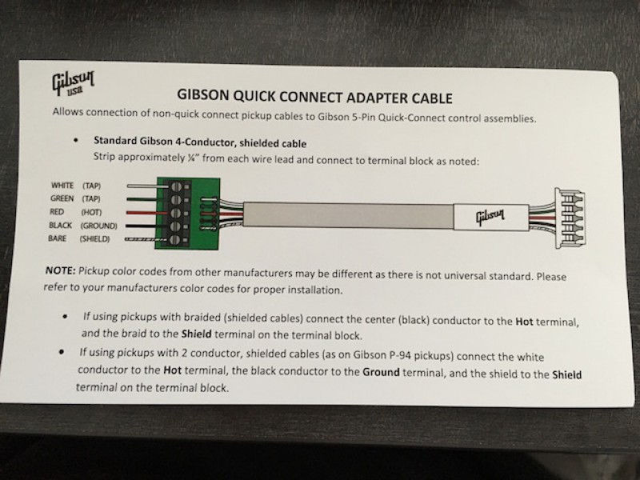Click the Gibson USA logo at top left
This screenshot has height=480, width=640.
70,84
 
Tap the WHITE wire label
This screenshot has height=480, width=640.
62,185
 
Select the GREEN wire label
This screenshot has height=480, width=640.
62,198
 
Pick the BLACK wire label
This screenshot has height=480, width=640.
61,226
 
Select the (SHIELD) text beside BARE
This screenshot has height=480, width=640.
96,239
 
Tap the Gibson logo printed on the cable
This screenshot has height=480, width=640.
489,215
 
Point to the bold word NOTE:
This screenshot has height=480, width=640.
61,273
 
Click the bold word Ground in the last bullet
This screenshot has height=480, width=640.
381,372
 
